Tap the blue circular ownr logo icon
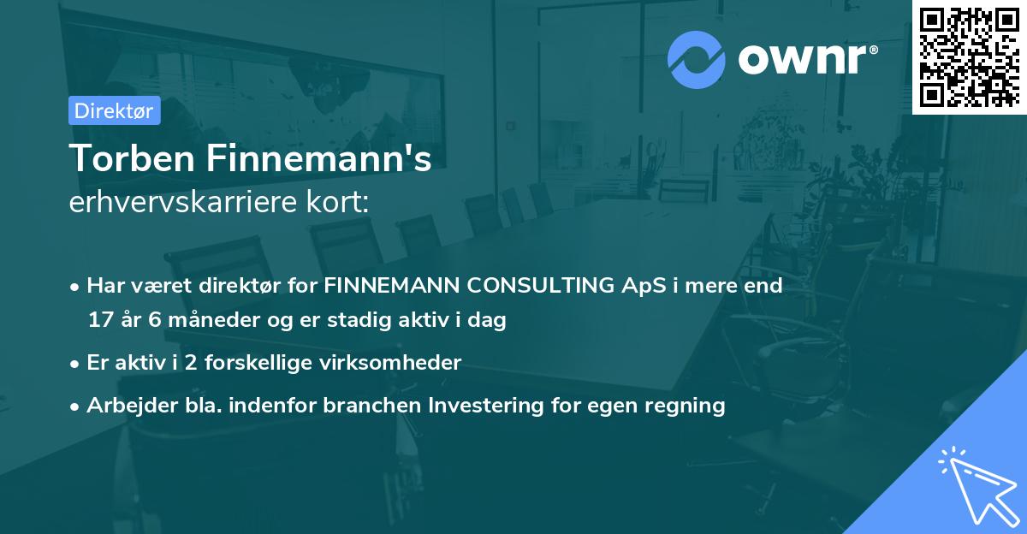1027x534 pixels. (x=697, y=59)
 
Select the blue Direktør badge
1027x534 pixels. (x=114, y=110)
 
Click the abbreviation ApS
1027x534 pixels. (x=644, y=285)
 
